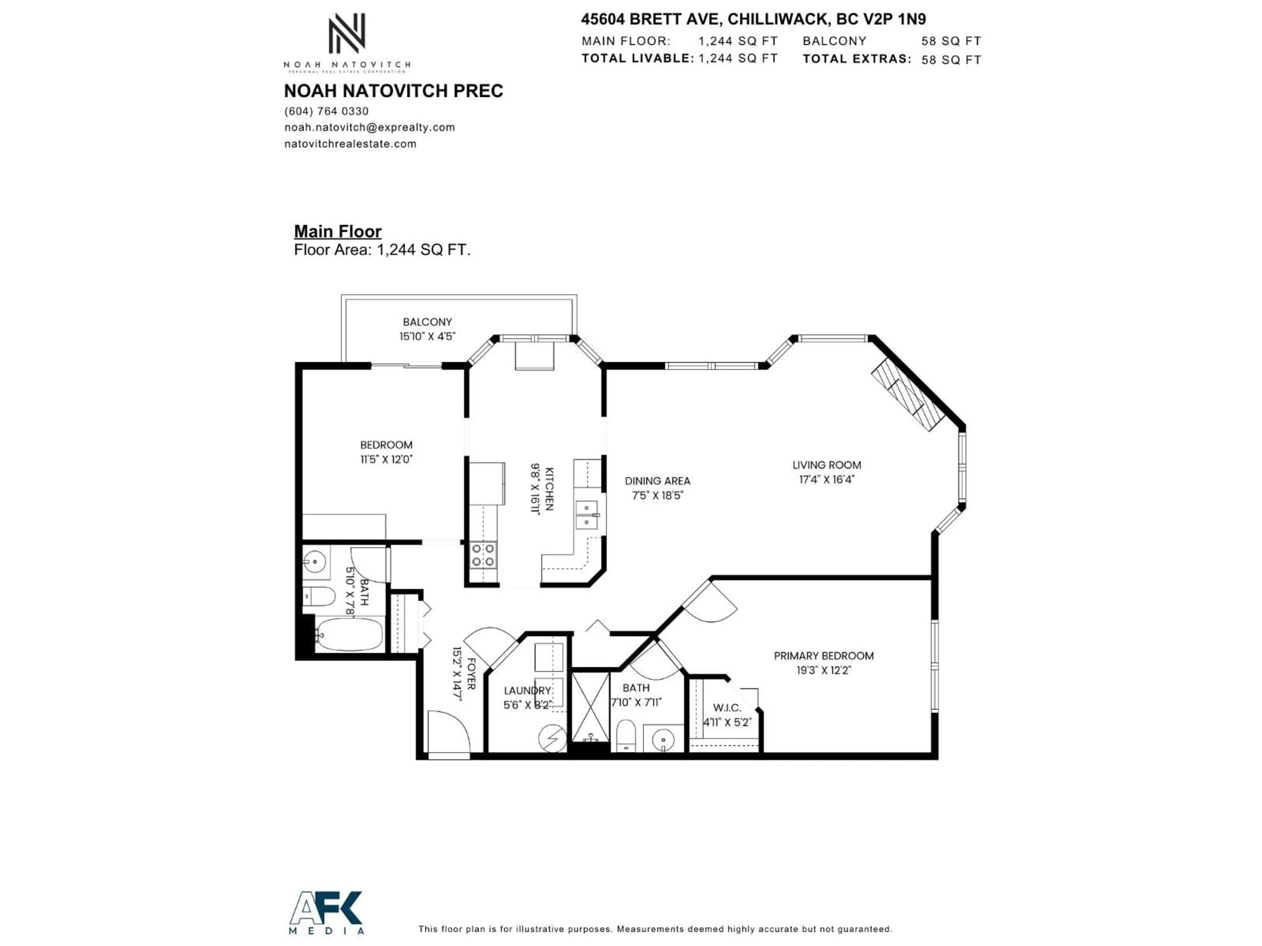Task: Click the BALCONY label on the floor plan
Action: pyautogui.click(x=427, y=322)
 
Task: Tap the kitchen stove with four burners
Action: pyautogui.click(x=483, y=554)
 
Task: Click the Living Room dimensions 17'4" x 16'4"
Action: pyautogui.click(x=826, y=480)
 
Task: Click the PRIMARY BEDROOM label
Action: pyautogui.click(x=823, y=656)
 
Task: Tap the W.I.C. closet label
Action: pyautogui.click(x=727, y=708)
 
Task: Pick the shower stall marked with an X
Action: pyautogui.click(x=591, y=707)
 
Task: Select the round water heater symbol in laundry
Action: pyautogui.click(x=552, y=738)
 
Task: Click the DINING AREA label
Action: pyautogui.click(x=657, y=481)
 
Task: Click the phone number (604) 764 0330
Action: pyautogui.click(x=326, y=111)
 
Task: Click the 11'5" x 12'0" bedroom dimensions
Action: pyautogui.click(x=386, y=459)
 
